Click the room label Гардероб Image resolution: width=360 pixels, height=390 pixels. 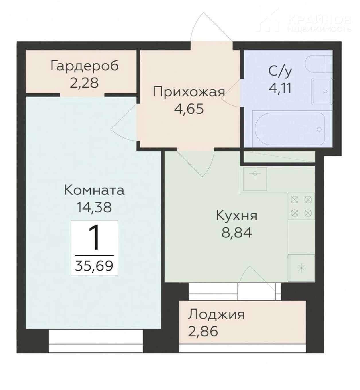point(85,66)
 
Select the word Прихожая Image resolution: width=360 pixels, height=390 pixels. point(189,92)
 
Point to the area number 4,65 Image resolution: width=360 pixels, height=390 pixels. point(189,109)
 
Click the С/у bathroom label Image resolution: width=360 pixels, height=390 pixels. point(280,72)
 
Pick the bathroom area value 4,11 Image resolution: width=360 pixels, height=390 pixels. point(280,88)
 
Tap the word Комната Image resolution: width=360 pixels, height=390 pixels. point(94,190)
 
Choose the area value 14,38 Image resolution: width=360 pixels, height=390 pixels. point(94,207)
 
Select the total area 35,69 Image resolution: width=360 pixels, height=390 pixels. point(94,266)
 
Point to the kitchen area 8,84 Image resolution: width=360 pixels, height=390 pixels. point(237,233)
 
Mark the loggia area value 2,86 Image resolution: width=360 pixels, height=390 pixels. point(203,331)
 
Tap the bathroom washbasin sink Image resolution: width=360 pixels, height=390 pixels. point(322,91)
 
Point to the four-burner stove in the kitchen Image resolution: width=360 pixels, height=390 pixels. point(301,206)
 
